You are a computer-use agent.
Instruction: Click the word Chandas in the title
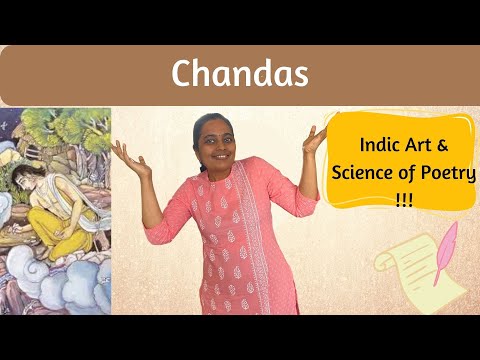click(x=239, y=73)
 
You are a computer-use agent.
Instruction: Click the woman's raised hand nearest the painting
click(x=124, y=153)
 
